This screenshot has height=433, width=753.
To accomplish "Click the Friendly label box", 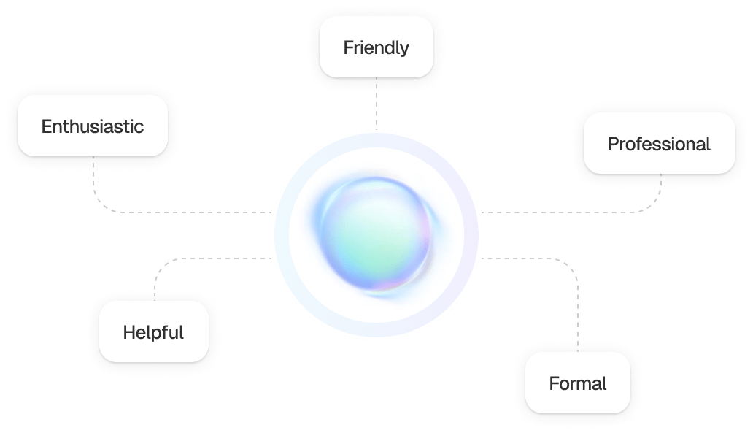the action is coord(376,47).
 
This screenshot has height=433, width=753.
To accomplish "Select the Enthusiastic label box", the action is coord(93,126).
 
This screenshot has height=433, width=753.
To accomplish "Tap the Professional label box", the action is coord(660,143).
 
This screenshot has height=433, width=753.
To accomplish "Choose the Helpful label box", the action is coord(154,332).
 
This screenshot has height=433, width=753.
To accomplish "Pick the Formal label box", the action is coord(578,383).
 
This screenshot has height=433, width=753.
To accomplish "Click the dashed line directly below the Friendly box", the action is coord(376,104).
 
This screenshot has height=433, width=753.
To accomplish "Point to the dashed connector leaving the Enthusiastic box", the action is coord(144,212).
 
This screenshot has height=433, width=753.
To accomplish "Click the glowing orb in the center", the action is coord(376,234).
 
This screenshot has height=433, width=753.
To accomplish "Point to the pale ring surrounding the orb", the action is coord(282,235).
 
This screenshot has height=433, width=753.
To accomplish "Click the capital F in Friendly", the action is coord(348,47).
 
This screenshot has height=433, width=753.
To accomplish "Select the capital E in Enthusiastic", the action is coord(47,126).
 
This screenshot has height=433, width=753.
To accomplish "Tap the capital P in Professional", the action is coord(613,144).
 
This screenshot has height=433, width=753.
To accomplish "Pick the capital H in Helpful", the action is coord(128,332).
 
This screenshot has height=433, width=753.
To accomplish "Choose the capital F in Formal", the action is coord(555,383).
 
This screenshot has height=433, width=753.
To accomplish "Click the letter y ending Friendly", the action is coord(404,50).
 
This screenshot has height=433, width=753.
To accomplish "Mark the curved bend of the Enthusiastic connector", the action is coord(100,203).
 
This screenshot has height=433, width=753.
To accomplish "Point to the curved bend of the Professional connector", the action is coord(654,204).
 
